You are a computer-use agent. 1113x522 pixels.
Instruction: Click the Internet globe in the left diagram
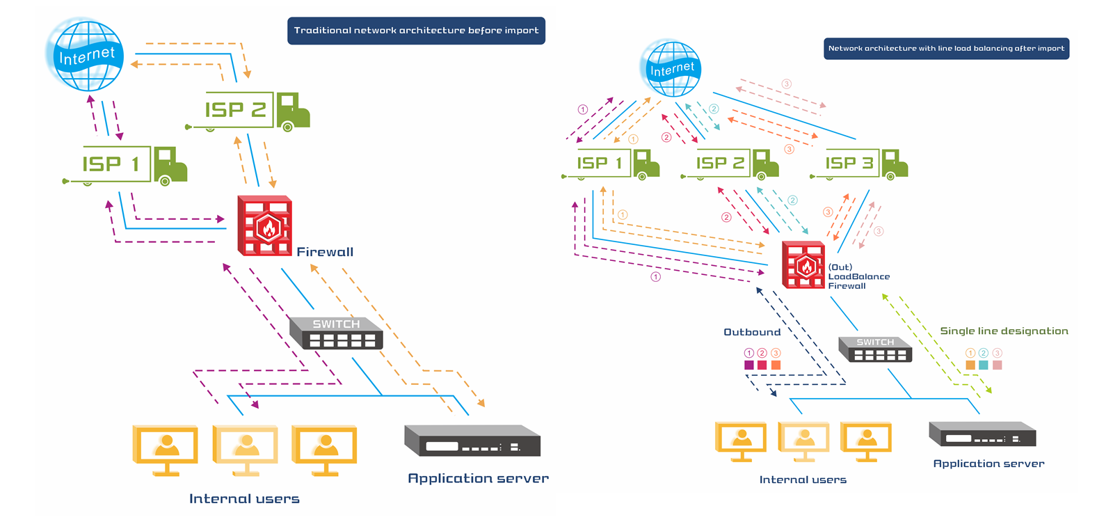pyautogui.click(x=86, y=56)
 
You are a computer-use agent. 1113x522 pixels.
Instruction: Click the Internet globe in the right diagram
pyautogui.click(x=671, y=68)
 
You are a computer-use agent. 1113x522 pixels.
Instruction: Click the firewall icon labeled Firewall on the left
pyautogui.click(x=264, y=226)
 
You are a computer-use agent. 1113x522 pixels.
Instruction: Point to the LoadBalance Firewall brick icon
pyautogui.click(x=803, y=264)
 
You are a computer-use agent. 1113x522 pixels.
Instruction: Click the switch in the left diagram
pyautogui.click(x=336, y=333)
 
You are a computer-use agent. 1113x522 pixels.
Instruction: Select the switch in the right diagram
pyautogui.click(x=875, y=349)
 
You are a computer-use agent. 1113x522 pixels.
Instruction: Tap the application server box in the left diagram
pyautogui.click(x=472, y=441)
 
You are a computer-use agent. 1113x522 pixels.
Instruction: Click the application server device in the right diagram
pyautogui.click(x=982, y=434)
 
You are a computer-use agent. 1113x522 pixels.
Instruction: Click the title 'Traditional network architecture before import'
pyautogui.click(x=416, y=31)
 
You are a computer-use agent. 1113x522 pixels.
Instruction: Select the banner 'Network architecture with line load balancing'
pyautogui.click(x=946, y=49)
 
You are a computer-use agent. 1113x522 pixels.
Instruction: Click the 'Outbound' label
pyautogui.click(x=752, y=332)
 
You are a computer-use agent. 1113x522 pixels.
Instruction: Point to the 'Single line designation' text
pyautogui.click(x=1004, y=331)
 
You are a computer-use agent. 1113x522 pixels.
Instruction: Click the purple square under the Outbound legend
pyautogui.click(x=749, y=365)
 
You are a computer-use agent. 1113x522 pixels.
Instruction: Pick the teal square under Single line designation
pyautogui.click(x=984, y=365)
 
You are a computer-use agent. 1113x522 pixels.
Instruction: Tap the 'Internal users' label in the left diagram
pyautogui.click(x=244, y=498)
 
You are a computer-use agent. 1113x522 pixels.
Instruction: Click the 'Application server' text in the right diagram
pyautogui.click(x=988, y=464)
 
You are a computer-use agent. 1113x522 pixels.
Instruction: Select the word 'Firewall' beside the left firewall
pyautogui.click(x=325, y=252)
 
